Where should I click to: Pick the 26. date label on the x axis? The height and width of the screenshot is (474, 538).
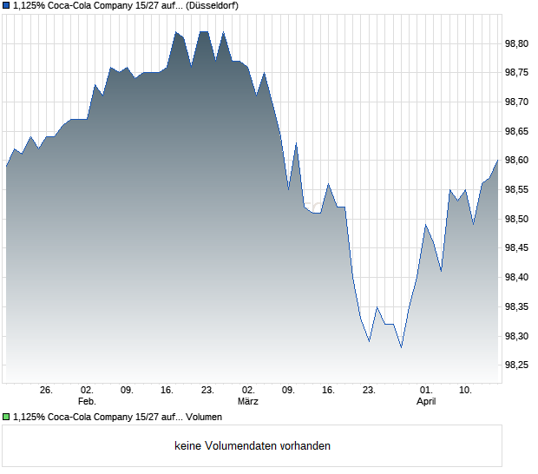click(x=47, y=390)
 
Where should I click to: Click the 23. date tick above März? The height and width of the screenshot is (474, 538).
click(x=207, y=390)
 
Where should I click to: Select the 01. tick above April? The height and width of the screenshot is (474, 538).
click(x=426, y=390)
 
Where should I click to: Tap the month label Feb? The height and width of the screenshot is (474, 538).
click(x=87, y=401)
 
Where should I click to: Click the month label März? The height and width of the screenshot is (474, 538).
click(x=248, y=401)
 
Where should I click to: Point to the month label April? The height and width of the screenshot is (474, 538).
click(x=426, y=401)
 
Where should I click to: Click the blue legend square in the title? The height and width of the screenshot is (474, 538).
click(x=6, y=5)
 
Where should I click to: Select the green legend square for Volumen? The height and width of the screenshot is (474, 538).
click(x=6, y=418)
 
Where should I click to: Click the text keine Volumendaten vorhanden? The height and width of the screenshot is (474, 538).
click(x=253, y=445)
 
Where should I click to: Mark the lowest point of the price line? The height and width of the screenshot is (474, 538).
click(x=401, y=347)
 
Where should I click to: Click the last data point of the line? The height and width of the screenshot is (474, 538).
click(x=498, y=160)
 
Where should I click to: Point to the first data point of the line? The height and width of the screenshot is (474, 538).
click(x=6, y=166)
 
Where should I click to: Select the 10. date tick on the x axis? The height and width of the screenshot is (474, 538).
click(x=466, y=390)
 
